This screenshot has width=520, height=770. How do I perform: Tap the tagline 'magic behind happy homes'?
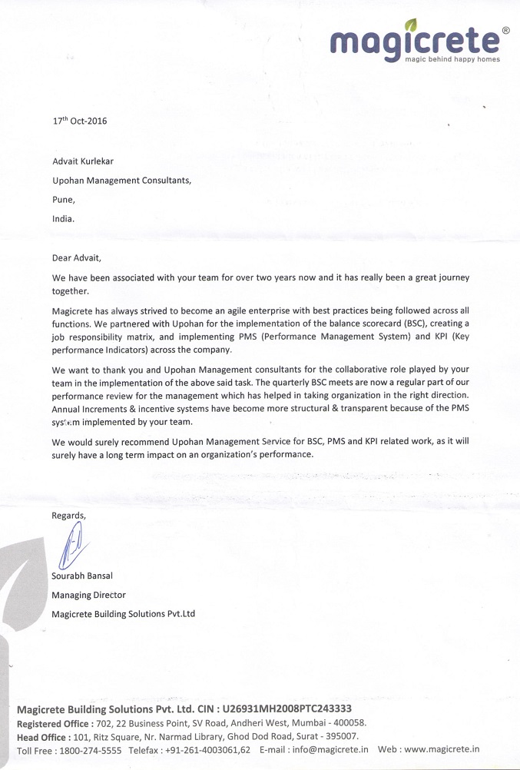point(452,59)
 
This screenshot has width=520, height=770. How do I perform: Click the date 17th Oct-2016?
point(79,121)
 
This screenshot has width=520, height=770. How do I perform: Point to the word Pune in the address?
point(64,199)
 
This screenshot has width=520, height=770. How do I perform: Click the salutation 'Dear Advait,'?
point(76,257)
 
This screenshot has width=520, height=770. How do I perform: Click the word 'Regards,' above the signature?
point(69,516)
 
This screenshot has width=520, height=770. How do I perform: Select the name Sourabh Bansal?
point(82,576)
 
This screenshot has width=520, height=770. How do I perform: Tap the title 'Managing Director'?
point(88,595)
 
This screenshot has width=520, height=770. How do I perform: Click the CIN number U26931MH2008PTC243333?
point(286,709)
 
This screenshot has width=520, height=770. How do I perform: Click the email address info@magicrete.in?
point(330,750)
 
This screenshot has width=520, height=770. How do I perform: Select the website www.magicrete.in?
point(442,750)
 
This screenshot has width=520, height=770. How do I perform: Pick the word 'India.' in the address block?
point(63,218)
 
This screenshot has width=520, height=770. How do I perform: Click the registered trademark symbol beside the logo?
point(505,31)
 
